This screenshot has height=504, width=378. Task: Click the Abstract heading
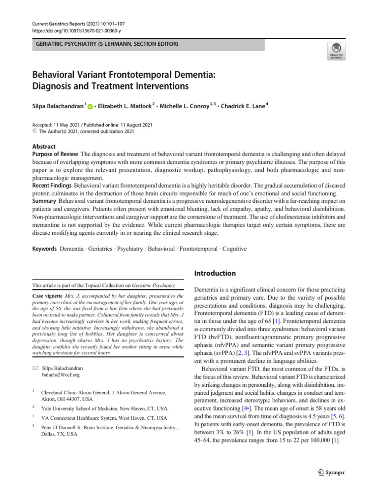point(44,147)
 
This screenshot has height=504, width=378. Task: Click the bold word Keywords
point(45,249)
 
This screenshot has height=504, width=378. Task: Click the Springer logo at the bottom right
point(332,472)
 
